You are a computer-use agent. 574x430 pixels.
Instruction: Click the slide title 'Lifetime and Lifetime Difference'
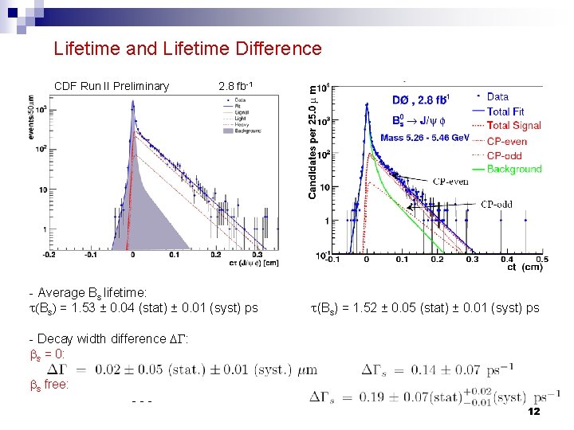187,49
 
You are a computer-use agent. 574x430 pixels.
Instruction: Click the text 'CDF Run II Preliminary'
112,86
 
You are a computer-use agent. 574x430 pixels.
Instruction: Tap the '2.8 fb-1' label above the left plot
237,86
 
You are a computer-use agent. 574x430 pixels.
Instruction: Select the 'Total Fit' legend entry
505,111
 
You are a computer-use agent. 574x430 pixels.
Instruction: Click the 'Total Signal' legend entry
513,125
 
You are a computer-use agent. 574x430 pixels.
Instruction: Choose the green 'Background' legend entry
513,169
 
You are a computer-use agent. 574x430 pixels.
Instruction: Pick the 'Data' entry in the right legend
497,97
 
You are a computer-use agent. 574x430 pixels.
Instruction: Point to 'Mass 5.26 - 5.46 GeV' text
425,138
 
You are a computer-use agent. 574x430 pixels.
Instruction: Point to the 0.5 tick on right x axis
542,259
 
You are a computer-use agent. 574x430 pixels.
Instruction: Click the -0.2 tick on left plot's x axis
49,255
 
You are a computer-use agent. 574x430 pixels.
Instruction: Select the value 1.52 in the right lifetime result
361,307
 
